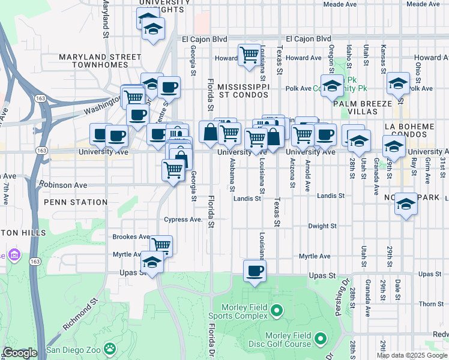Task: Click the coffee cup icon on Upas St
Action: point(255,271)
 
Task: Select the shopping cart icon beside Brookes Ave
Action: point(161,245)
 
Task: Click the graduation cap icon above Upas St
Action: point(152,262)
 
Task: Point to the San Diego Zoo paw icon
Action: point(109,348)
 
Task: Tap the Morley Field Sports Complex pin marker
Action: point(276,310)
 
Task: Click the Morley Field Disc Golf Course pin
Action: point(321,340)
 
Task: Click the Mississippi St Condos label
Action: point(243,91)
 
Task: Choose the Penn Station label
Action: point(76,202)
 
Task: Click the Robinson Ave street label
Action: point(64,185)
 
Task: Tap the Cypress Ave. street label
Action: point(183,220)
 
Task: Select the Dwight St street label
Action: point(322,226)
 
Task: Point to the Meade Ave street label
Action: point(340,4)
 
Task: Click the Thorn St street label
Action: point(431,304)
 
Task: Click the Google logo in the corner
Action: point(20,353)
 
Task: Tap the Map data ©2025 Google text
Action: point(412,355)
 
